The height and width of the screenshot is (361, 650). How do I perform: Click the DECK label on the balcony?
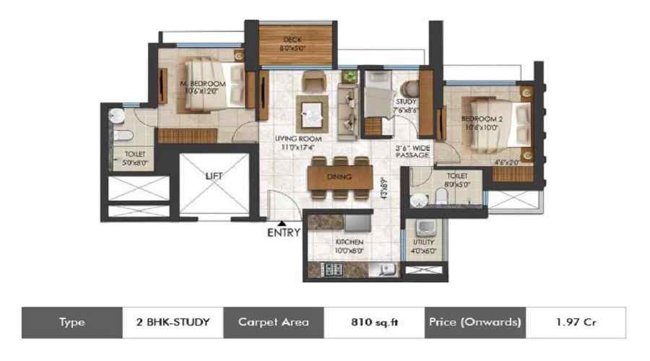292,39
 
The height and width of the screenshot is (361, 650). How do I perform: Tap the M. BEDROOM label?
203,84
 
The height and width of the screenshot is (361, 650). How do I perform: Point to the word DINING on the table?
339,177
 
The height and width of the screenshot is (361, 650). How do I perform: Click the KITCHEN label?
348,241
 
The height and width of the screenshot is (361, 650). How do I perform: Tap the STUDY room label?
404,102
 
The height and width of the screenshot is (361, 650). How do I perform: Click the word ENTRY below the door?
283,233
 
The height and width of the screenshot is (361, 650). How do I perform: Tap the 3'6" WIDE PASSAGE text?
412,151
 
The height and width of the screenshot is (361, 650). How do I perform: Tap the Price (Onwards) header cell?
474,322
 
